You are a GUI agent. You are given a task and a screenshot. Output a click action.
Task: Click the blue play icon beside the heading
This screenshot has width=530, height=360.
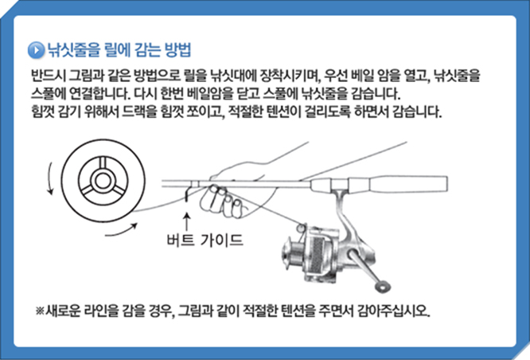[x=36, y=50]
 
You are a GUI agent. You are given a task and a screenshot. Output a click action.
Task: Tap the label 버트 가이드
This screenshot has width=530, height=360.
[x=205, y=240]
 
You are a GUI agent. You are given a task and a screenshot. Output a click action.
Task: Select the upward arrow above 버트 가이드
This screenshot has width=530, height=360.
[x=187, y=221]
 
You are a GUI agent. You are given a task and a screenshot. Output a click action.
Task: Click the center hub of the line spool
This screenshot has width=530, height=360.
[x=103, y=181]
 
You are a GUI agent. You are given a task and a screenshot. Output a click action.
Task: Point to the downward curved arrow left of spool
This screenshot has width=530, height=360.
[x=50, y=178]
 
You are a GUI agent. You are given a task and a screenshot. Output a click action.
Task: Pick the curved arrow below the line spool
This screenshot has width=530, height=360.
[x=121, y=230]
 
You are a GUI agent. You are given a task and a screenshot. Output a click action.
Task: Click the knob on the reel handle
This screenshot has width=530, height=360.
[x=383, y=287]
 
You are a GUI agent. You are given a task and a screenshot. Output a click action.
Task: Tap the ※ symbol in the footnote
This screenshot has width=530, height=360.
[x=40, y=311]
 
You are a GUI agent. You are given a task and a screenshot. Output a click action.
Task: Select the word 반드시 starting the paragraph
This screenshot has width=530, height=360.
[x=49, y=76]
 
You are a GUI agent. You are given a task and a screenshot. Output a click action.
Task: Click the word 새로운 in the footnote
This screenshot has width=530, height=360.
[x=63, y=311]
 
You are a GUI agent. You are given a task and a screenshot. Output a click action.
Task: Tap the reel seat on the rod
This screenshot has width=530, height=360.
[x=339, y=185]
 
